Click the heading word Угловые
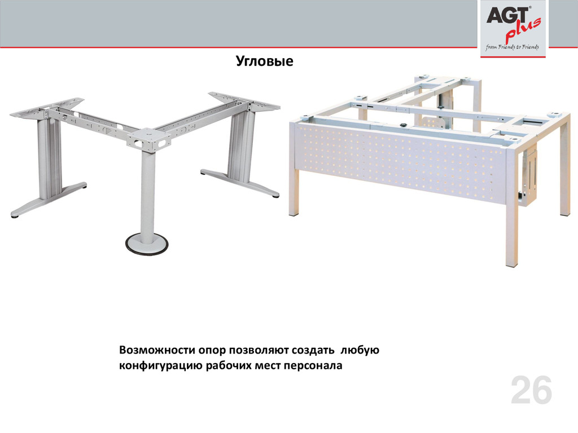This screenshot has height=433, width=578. pos(264,61)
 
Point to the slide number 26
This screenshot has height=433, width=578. pos(531,391)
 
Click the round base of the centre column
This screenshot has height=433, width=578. pos(146,243)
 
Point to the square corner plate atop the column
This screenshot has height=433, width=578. pos(148,139)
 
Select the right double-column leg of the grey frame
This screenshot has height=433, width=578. pos(240,144)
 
